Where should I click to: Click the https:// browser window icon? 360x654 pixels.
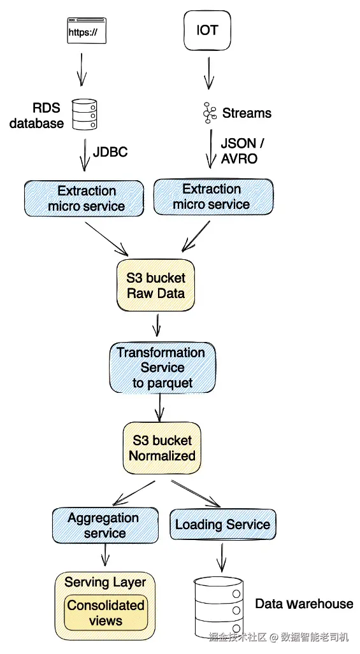pos(87,31)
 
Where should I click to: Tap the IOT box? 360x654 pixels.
pos(207,31)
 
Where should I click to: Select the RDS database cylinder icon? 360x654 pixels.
pos(85,114)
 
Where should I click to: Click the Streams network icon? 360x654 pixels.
pos(210,113)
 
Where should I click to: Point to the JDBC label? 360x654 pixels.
pos(110,152)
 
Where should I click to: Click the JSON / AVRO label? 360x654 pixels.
pos(242,151)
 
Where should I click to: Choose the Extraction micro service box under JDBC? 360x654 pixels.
pos(84,199)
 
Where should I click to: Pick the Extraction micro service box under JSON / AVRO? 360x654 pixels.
pos(213,197)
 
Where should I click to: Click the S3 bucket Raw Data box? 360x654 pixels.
pos(155,285)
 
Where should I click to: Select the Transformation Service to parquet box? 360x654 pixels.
pos(162,367)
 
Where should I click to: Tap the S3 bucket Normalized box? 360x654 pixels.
pos(162,448)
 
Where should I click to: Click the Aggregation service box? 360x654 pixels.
pos(105,525)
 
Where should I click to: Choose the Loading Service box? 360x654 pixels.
pos(223,524)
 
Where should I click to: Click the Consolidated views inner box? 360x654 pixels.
pos(106,613)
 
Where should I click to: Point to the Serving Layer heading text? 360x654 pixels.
pos(105,582)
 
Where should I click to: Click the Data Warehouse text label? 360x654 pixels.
pos(304,604)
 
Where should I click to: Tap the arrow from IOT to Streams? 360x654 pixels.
pos(208,73)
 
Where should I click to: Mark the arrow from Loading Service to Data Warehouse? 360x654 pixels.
pos(222,557)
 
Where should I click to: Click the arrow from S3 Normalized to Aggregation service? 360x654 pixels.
pos(134,493)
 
